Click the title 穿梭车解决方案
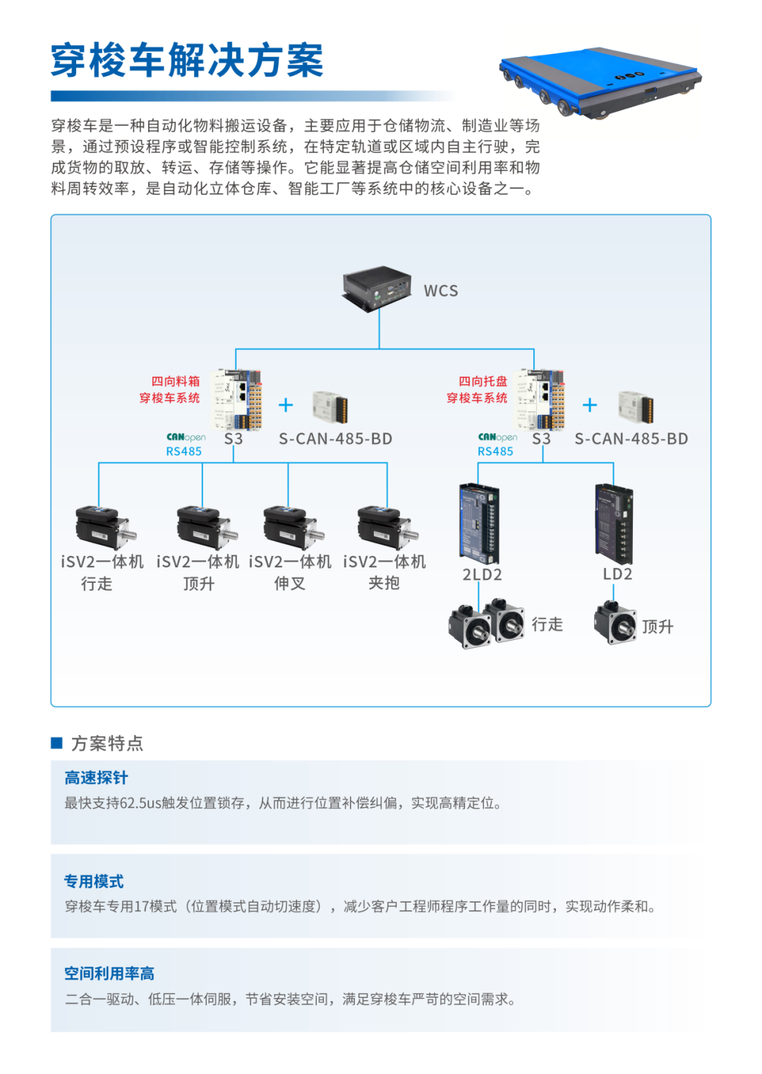click(x=187, y=61)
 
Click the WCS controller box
click(x=377, y=287)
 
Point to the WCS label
click(x=441, y=291)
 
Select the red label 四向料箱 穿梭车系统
click(x=170, y=390)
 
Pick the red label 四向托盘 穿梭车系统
click(x=477, y=390)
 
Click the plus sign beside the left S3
click(x=286, y=405)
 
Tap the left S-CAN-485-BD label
click(x=335, y=439)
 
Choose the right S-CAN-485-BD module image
click(x=635, y=406)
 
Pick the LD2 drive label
click(x=617, y=574)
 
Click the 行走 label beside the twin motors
click(x=548, y=625)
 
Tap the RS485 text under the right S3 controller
click(x=495, y=452)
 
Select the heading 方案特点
click(x=107, y=743)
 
